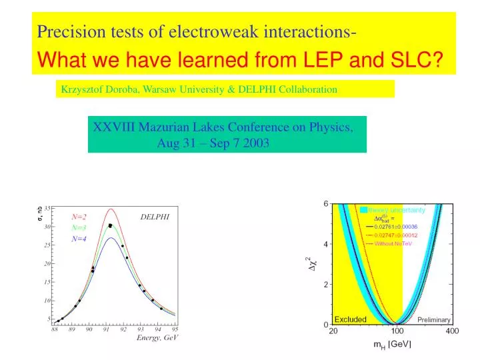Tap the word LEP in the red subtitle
pyautogui.click(x=306, y=61)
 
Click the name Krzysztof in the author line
pyautogui.click(x=83, y=89)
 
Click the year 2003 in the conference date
pyautogui.click(x=256, y=143)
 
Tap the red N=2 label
pyautogui.click(x=79, y=217)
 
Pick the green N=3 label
pyautogui.click(x=79, y=227)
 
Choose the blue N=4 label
pyautogui.click(x=79, y=239)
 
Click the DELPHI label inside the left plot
pyautogui.click(x=155, y=217)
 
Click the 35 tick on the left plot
pyautogui.click(x=48, y=208)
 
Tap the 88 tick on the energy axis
pyautogui.click(x=55, y=329)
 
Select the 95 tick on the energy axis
pyautogui.click(x=175, y=329)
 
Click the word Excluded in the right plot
pyautogui.click(x=350, y=319)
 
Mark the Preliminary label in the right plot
pyautogui.click(x=433, y=320)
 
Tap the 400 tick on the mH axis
pyautogui.click(x=452, y=331)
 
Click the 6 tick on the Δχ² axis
pyautogui.click(x=325, y=203)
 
